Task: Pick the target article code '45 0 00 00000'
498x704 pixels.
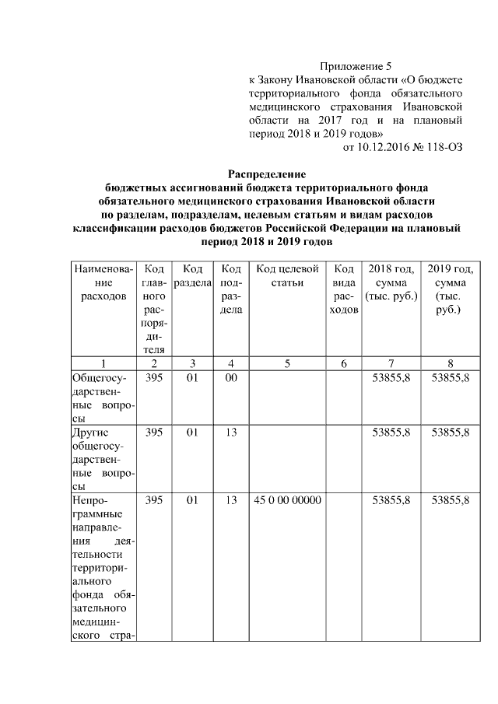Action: coord(287,501)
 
